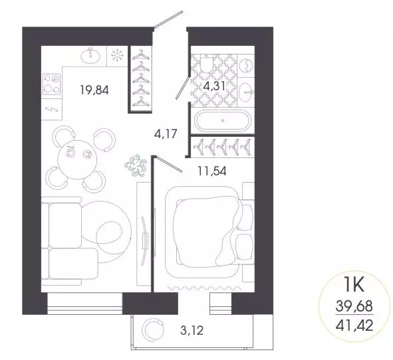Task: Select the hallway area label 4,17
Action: click(166, 134)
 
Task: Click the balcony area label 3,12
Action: click(193, 327)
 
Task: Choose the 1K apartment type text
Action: click(354, 287)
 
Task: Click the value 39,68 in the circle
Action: click(354, 307)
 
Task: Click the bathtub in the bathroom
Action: click(221, 122)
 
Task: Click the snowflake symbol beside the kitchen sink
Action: click(116, 56)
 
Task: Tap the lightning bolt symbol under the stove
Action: click(51, 110)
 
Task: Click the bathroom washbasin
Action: click(244, 90)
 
